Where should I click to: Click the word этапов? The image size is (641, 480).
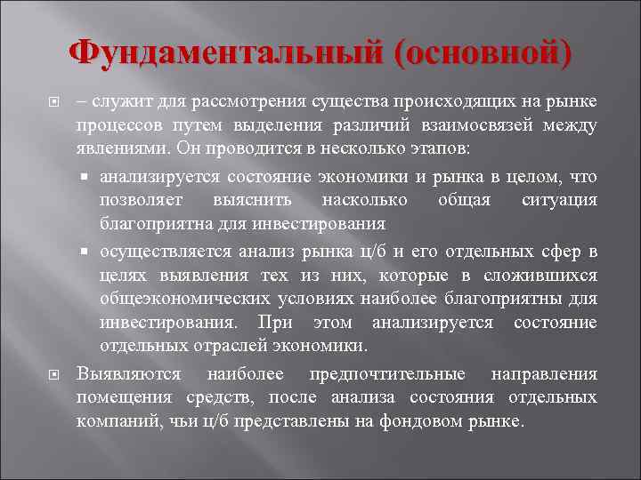pyautogui.click(x=448, y=148)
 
